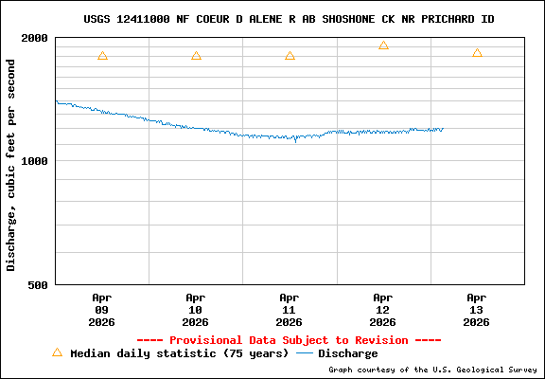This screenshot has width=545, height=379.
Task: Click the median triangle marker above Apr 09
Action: (x=102, y=56)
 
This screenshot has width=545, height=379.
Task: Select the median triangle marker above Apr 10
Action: (x=196, y=56)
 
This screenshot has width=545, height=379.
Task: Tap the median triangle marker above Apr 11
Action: (x=290, y=56)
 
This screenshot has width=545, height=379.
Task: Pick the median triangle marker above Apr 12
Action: (x=383, y=45)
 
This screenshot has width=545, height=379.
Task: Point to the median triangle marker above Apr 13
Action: (x=477, y=53)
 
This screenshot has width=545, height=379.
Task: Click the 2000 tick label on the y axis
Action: (x=36, y=38)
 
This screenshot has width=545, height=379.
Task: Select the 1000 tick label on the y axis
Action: (x=36, y=161)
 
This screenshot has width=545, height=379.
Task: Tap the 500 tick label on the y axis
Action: (x=39, y=284)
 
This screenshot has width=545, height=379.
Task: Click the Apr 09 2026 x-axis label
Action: (x=102, y=309)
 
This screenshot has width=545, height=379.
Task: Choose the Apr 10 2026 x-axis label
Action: (x=196, y=309)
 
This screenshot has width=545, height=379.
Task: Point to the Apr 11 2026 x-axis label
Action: (x=290, y=309)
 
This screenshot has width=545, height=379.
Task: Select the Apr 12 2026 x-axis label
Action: (x=383, y=309)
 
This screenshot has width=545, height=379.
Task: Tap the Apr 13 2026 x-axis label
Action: (x=477, y=309)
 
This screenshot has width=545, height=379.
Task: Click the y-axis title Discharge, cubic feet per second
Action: (x=11, y=164)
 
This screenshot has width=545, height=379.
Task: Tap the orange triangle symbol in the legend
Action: (x=57, y=352)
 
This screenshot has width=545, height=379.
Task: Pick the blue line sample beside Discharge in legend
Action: (x=305, y=353)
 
